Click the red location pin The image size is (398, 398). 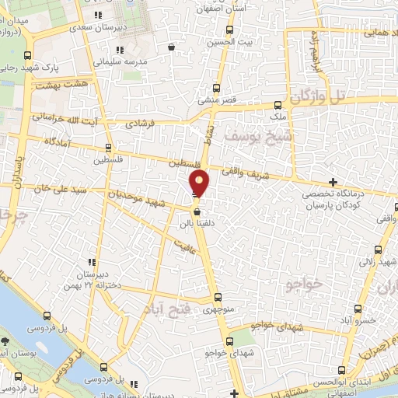tap(200, 184)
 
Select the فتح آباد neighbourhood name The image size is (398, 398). tap(166, 309)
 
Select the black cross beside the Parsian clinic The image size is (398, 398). tap(333, 181)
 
